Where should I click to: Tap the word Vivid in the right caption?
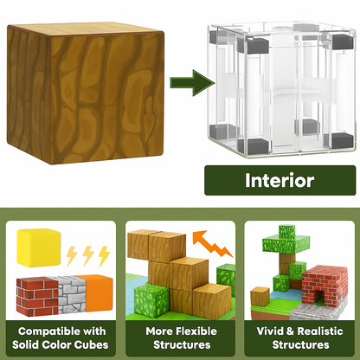tap(271, 331)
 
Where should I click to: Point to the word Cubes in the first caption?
tap(87, 344)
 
